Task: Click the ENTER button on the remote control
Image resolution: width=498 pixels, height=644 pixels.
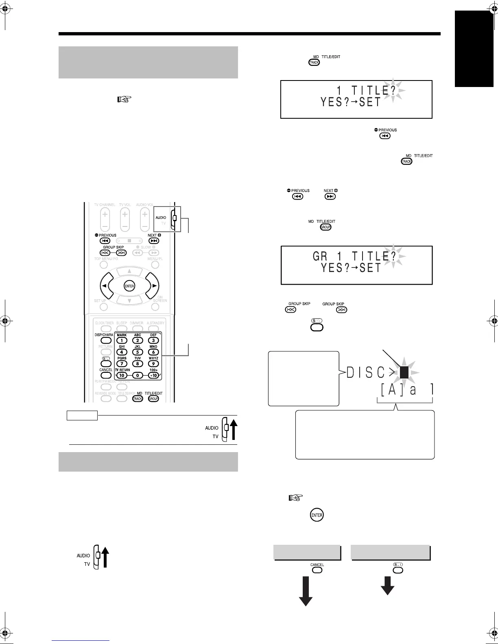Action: click(x=129, y=286)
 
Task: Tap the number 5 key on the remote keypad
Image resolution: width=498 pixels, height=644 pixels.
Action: click(x=138, y=352)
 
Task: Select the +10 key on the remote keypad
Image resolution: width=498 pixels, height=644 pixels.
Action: click(x=153, y=375)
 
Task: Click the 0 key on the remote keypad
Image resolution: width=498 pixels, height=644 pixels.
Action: click(x=138, y=375)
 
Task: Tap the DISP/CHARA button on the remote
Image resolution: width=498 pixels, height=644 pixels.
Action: click(x=106, y=341)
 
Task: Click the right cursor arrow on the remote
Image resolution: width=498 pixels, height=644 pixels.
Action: click(x=154, y=286)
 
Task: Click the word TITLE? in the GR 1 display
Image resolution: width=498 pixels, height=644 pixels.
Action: click(x=374, y=256)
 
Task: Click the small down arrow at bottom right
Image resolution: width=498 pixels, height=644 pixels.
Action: click(x=387, y=586)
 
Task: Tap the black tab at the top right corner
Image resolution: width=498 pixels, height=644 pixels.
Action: click(x=474, y=49)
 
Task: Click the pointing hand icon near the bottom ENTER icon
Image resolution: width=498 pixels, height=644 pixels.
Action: click(x=295, y=497)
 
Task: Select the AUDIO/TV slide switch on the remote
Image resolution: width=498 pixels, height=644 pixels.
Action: click(x=175, y=218)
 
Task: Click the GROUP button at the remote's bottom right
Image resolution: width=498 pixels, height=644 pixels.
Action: click(x=153, y=399)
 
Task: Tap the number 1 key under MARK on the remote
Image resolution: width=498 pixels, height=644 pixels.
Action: click(x=122, y=341)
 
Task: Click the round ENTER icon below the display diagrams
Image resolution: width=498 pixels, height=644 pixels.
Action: click(x=317, y=515)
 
